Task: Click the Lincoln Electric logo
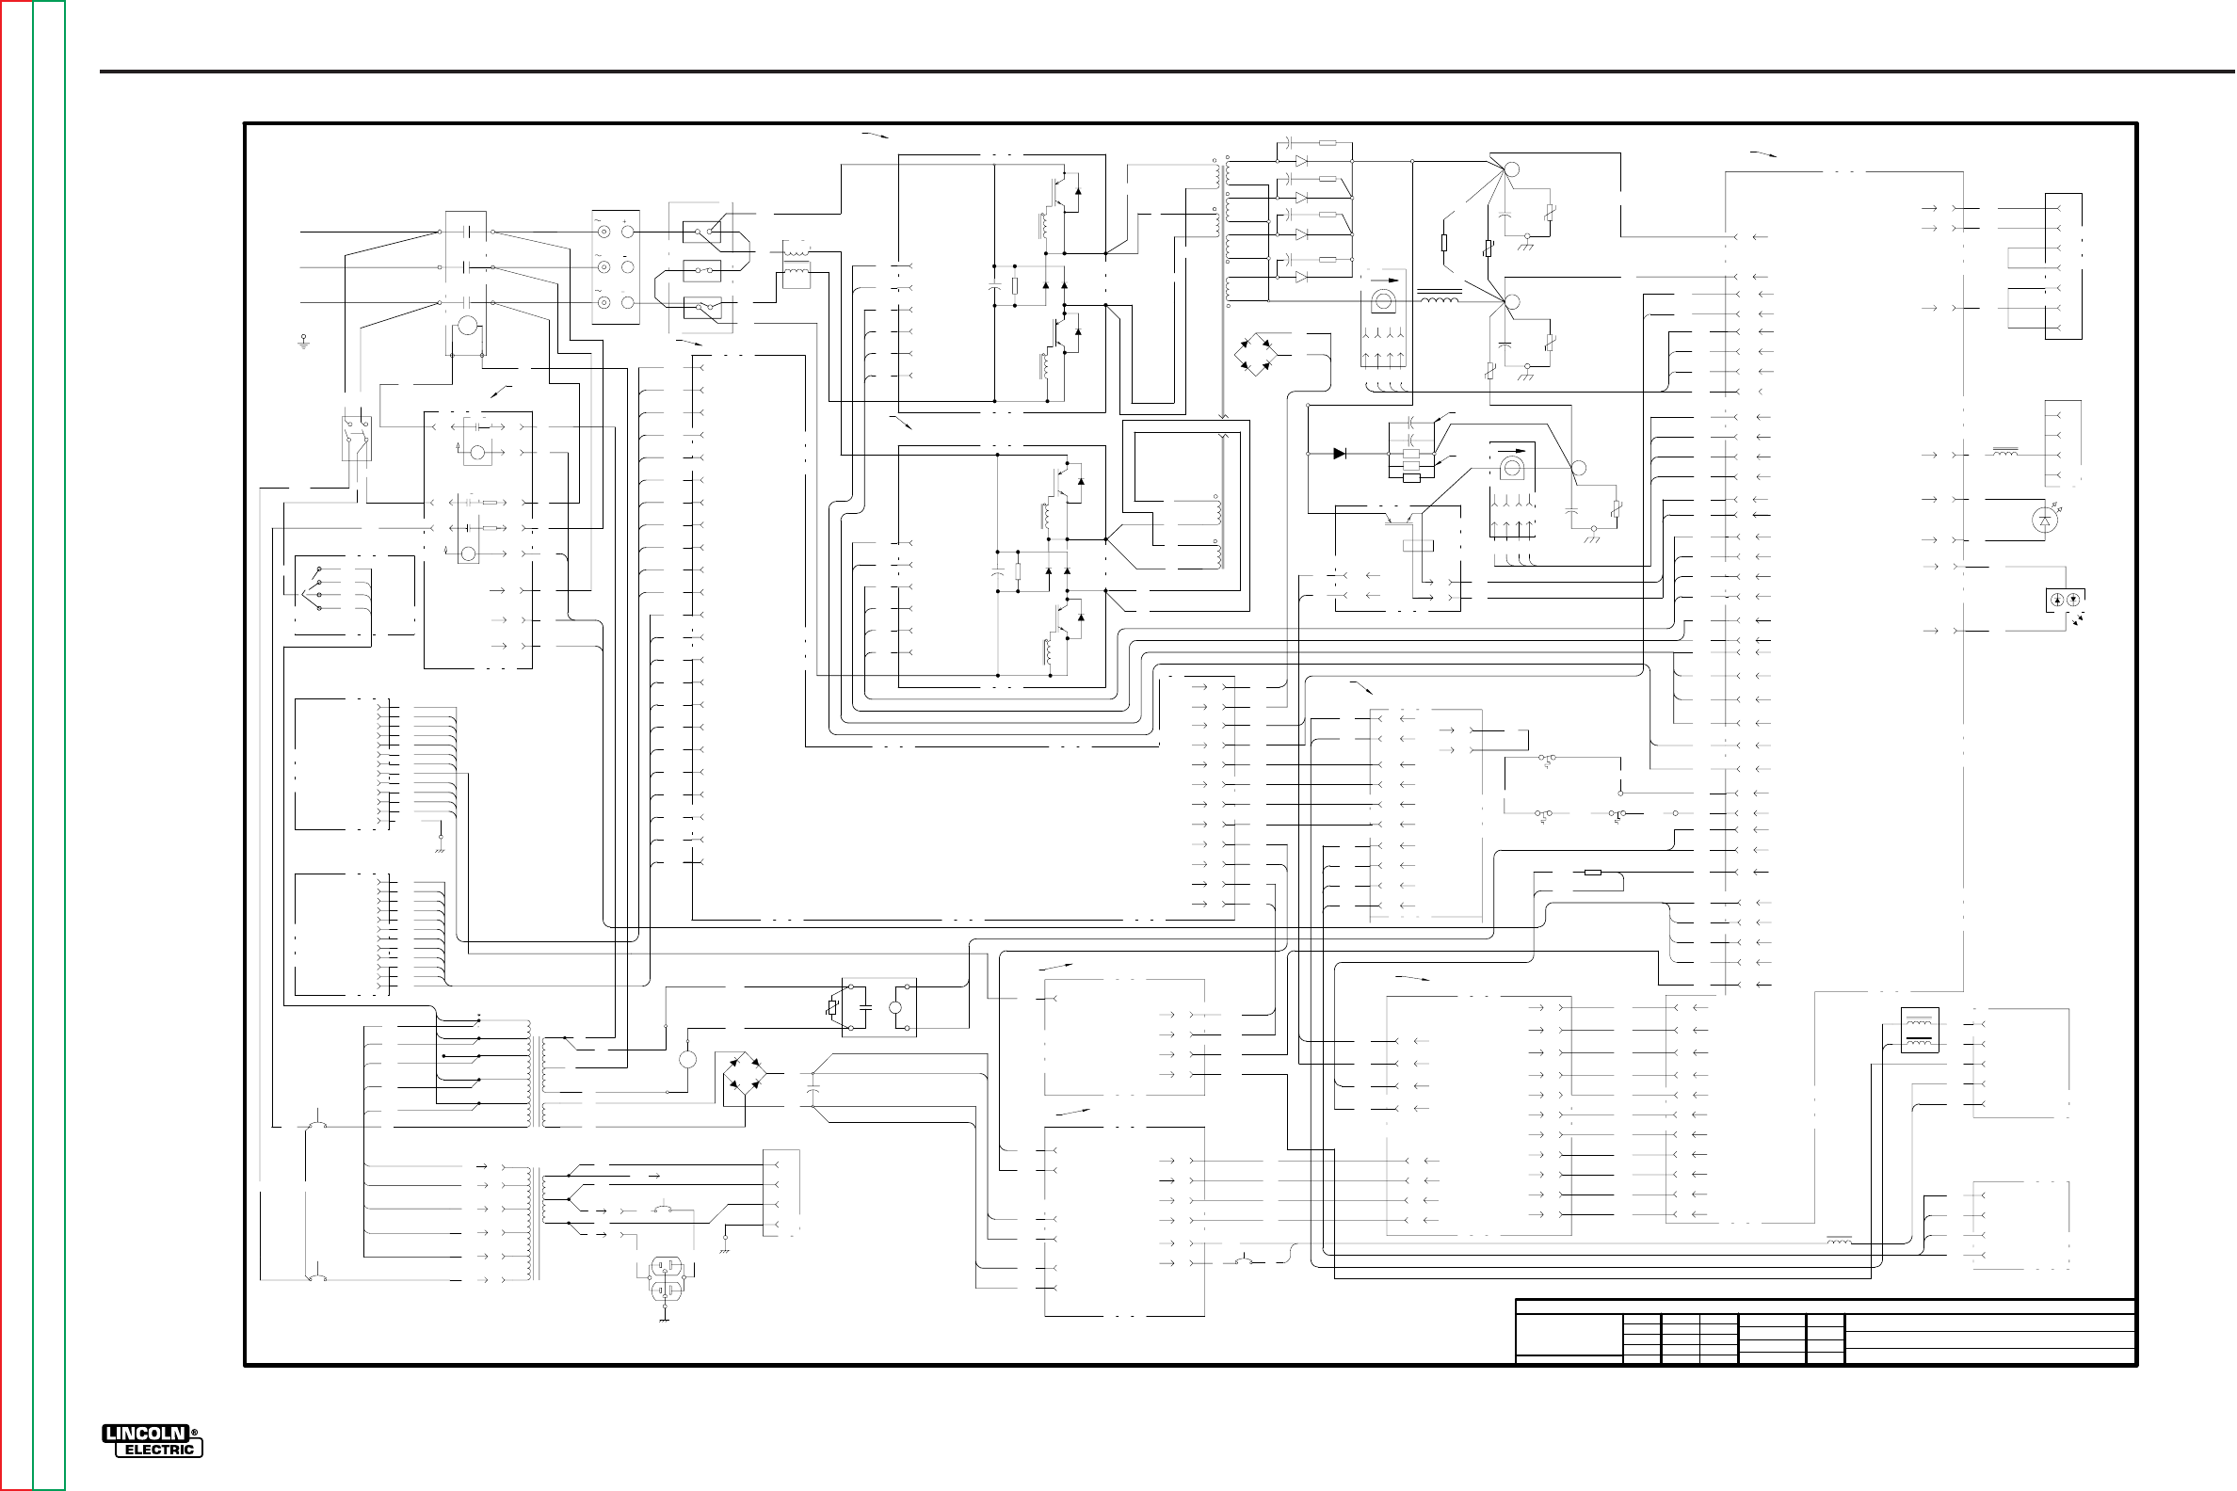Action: click(153, 1441)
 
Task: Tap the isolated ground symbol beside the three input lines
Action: click(304, 340)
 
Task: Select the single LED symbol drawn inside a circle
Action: click(2044, 521)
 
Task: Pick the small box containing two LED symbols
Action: click(2065, 600)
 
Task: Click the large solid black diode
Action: click(1339, 454)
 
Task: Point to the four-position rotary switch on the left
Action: click(314, 588)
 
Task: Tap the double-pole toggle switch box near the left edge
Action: click(356, 438)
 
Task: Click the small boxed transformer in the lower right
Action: click(1919, 1031)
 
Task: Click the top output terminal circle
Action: click(1512, 170)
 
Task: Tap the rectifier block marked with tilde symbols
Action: click(616, 267)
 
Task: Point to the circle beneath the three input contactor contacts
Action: click(466, 326)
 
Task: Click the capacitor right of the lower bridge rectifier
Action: click(812, 1090)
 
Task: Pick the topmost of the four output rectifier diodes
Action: click(1301, 162)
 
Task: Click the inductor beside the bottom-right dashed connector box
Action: click(1838, 1240)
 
